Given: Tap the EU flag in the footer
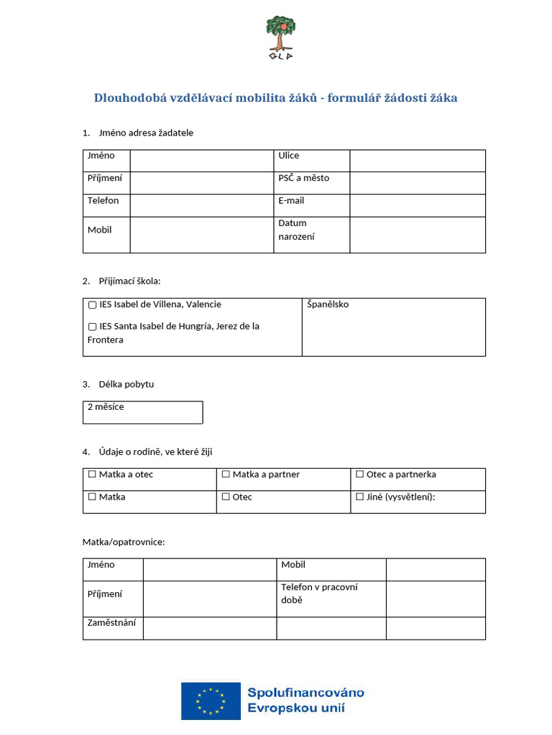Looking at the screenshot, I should pos(210,701).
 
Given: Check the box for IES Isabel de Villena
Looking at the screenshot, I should pos(93,305).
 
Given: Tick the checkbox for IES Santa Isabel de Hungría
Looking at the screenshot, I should pos(93,327).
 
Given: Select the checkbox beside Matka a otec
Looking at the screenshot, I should pos(92,474).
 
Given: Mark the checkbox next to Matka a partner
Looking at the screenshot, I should pos(226,474).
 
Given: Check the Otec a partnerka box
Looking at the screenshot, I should pos(360,474).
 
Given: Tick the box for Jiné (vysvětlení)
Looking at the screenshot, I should pos(360,497).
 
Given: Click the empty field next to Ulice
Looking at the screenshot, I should pos(417,161).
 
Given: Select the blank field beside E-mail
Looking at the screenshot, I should pos(417,205).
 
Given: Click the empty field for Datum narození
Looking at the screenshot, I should pos(417,235).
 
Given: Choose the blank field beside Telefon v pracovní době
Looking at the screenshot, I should pos(436,599).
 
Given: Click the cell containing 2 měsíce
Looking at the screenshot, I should pos(142,412).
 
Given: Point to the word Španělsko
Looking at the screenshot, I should pos(328,304).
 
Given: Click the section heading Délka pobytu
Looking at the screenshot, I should pos(126,384).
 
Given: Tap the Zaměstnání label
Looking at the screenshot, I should pos(111,623).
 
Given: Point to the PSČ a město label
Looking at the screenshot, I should pos(304,178).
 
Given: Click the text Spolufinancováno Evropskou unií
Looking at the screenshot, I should pos(305,701).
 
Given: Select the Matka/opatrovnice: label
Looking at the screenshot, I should pos(124,542).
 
